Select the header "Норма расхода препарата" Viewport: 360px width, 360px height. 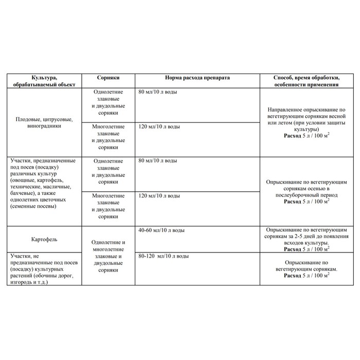pos(197,77)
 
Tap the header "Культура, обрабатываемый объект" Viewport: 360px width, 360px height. pos(45,80)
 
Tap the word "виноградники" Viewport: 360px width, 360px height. pos(45,127)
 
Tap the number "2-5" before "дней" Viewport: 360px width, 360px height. pos(305,236)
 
